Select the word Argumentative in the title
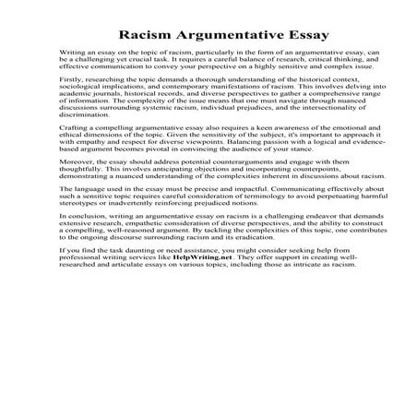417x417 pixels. (x=220, y=36)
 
